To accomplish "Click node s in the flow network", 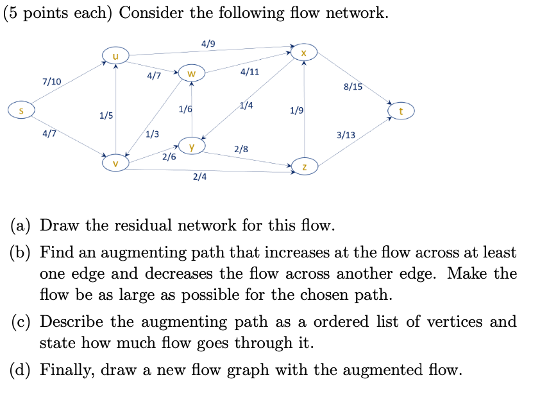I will coord(21,111).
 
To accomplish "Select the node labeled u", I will coord(115,57).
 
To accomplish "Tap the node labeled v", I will coord(115,163).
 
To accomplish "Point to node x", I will coord(304,52).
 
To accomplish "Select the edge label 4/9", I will coord(208,44).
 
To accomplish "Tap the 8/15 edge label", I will coord(353,87).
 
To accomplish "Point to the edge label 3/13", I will coord(346,135).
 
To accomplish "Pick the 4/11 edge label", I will coord(249,71).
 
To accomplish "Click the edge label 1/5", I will coord(106,116).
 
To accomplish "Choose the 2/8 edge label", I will coord(241,149).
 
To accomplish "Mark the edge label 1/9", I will coord(296,110).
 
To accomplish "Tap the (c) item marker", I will coord(22,322).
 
